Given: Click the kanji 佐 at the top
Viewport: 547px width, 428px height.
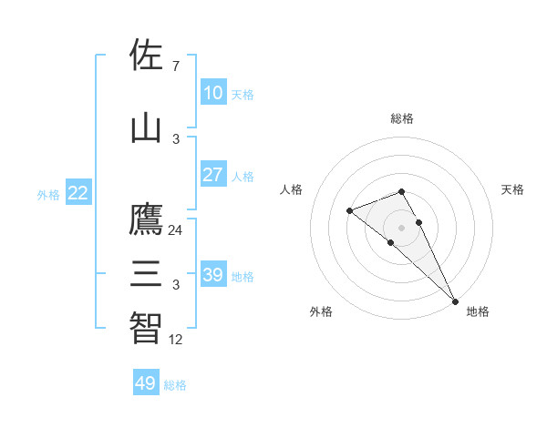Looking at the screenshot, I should click(146, 55).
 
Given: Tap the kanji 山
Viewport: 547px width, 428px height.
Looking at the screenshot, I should click(146, 127).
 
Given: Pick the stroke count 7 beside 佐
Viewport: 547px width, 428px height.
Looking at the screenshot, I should click(175, 66).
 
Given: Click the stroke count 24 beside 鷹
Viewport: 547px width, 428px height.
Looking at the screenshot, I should click(175, 230).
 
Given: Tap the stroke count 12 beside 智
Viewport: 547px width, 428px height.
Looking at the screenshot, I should click(175, 340).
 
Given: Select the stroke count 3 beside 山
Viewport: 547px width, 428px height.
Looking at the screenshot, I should click(175, 139).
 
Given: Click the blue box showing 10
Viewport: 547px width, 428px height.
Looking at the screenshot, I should click(212, 93).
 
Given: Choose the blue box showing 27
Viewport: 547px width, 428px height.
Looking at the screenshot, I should click(212, 175).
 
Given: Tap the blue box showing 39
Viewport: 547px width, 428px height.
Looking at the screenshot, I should click(212, 275).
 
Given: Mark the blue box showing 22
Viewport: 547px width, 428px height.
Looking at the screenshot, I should click(77, 193).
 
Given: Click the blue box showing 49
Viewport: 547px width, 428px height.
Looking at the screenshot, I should click(145, 383).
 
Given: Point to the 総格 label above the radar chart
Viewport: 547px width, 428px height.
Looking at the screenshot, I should click(402, 118).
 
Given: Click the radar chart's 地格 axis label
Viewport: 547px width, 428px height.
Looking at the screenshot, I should click(478, 312).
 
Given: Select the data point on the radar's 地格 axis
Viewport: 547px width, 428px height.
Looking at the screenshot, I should click(455, 301).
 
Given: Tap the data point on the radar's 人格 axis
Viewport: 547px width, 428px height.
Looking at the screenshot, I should click(349, 211).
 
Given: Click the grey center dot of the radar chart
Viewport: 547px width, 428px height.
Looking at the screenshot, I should click(401, 227).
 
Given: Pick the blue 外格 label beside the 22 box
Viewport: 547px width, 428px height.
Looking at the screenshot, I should click(47, 194).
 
